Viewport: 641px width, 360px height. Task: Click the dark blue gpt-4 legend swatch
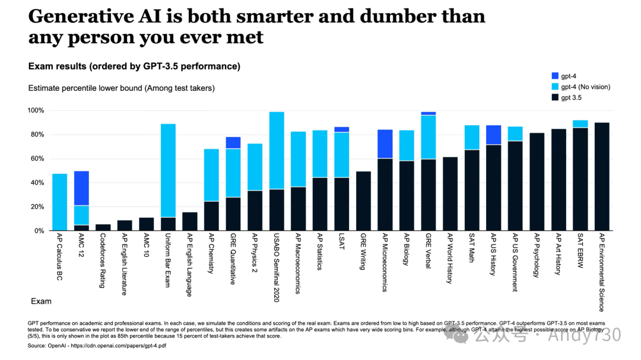coord(555,76)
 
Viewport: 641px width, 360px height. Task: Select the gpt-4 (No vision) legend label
coord(586,87)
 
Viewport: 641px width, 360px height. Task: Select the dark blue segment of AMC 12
coord(81,188)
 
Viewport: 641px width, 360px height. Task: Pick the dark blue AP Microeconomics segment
coord(385,144)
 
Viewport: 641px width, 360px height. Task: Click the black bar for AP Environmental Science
coord(602,176)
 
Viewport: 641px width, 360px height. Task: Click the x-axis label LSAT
coord(342,243)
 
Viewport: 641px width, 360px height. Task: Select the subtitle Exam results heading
coord(134,66)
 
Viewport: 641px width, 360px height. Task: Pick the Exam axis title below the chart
coord(41,302)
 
